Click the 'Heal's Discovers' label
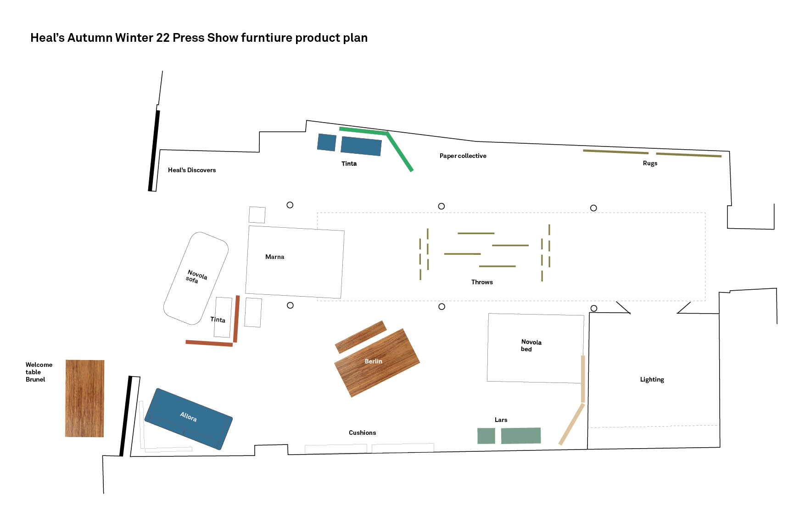click(x=191, y=170)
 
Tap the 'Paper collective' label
click(x=463, y=156)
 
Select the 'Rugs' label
click(x=650, y=163)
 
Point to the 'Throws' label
click(x=482, y=282)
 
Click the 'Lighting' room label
click(x=652, y=379)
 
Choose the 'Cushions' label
click(x=362, y=433)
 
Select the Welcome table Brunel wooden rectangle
click(x=84, y=398)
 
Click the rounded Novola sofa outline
click(x=196, y=278)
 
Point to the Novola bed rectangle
click(x=535, y=348)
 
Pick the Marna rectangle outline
click(x=295, y=262)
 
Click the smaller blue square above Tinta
click(x=327, y=142)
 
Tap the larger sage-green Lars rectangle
click(x=520, y=435)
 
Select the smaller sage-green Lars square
click(x=486, y=436)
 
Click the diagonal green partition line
click(x=400, y=152)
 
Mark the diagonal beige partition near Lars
click(x=571, y=424)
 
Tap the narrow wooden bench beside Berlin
click(x=361, y=337)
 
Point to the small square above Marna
click(x=257, y=214)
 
